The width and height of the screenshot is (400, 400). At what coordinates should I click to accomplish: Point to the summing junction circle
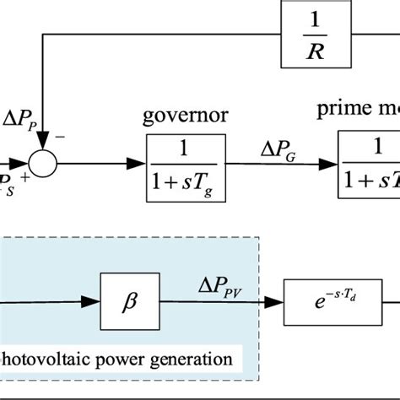(x=41, y=156)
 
